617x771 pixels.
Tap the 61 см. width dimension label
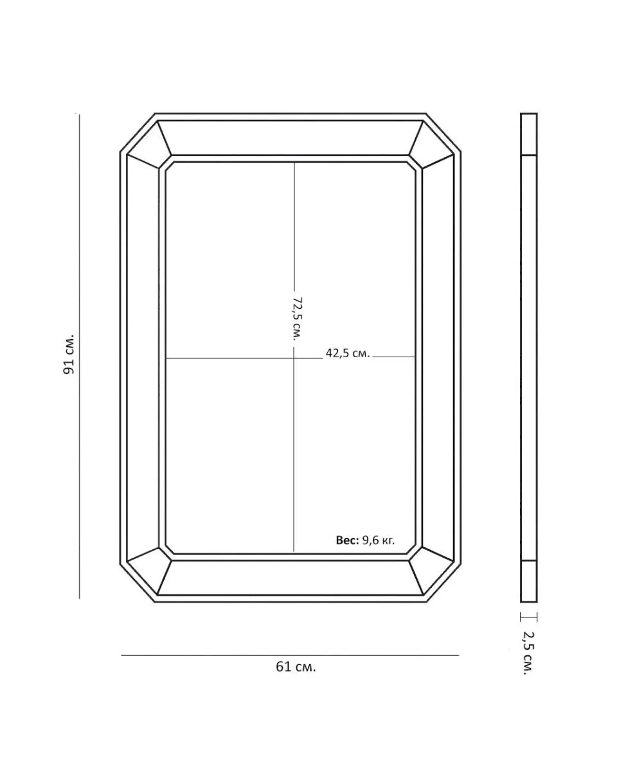tap(296, 667)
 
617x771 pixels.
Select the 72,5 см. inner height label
tap(298, 319)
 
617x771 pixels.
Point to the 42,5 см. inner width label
tap(348, 353)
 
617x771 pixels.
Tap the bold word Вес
tap(347, 540)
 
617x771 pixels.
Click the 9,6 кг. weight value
tap(378, 540)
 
